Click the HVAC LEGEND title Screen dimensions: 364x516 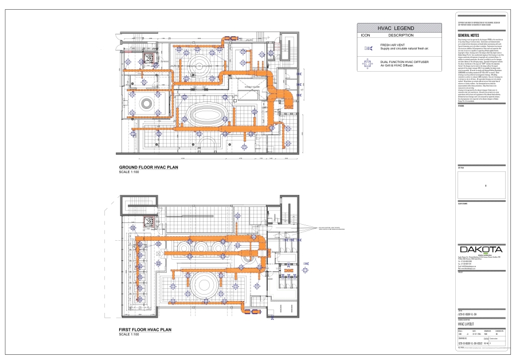point(399,28)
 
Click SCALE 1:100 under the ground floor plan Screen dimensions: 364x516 point(129,172)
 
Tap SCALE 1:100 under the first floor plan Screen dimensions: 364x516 point(129,335)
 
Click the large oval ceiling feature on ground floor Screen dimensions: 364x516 point(205,113)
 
